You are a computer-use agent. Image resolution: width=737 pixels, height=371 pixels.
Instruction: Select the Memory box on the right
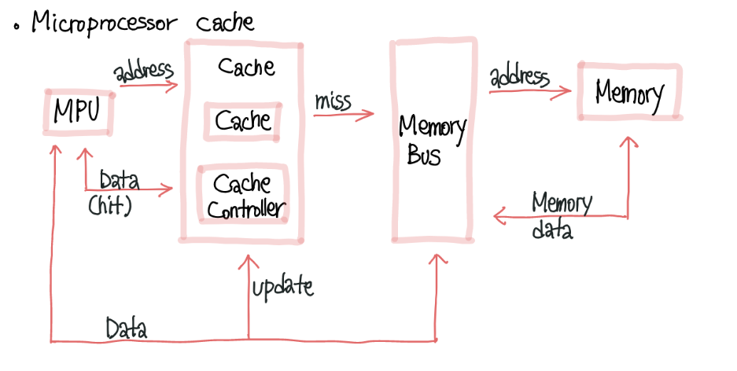(629, 93)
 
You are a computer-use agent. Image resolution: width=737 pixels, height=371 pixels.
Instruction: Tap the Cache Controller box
(241, 195)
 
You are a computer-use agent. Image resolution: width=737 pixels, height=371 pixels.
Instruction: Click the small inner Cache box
(242, 120)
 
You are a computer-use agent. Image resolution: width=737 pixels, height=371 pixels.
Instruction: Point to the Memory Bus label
(431, 139)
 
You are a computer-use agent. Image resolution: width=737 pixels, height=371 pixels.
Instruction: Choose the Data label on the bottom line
(127, 328)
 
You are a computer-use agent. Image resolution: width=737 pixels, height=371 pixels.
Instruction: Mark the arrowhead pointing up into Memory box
(628, 141)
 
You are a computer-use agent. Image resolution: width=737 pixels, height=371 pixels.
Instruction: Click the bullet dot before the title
(16, 26)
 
